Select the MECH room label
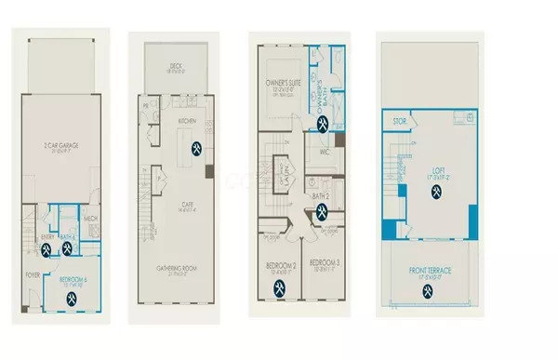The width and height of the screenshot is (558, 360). coord(91,220)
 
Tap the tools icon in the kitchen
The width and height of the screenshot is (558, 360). coord(197,148)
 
